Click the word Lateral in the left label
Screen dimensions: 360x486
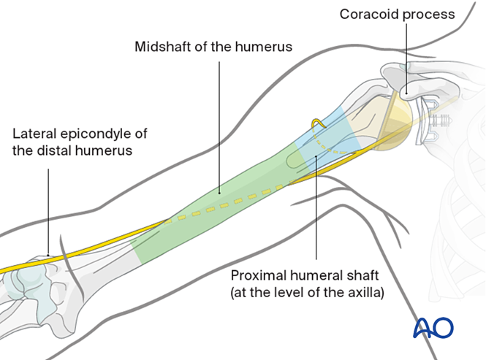tap(34, 134)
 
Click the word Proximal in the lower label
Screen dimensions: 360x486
tap(257, 277)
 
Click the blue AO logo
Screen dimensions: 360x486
tap(433, 328)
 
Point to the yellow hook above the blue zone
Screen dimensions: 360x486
tap(317, 123)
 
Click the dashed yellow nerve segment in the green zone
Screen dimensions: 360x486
tap(234, 200)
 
